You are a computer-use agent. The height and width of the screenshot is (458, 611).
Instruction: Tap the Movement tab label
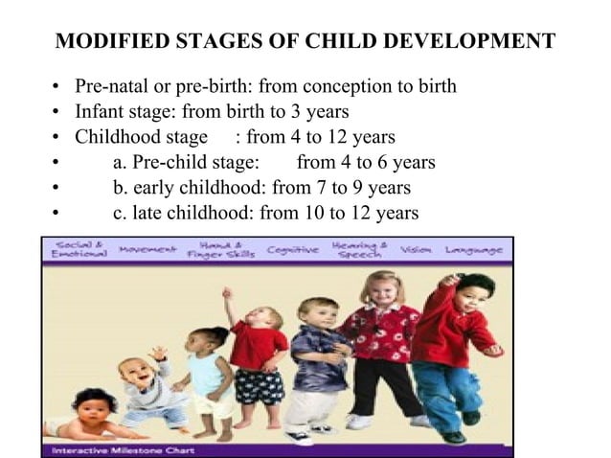click(147, 250)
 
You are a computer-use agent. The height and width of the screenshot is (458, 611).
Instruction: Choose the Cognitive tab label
click(292, 250)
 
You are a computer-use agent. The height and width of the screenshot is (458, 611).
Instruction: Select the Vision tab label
click(416, 250)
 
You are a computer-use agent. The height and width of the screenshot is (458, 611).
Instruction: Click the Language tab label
click(473, 250)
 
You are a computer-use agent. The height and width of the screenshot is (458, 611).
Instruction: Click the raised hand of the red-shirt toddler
click(227, 293)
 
